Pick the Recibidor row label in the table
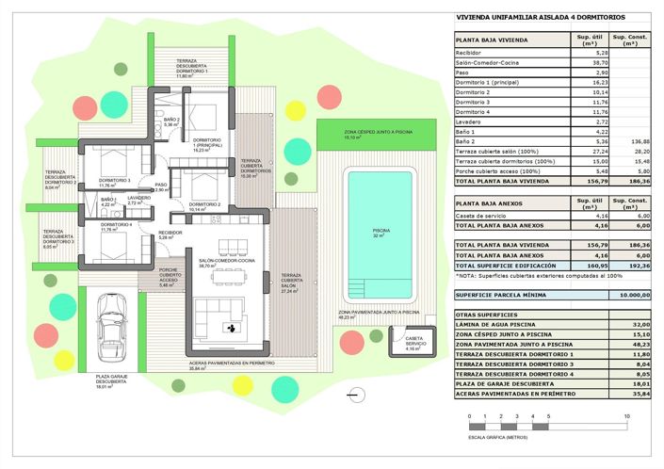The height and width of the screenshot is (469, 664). tap(468, 53)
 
